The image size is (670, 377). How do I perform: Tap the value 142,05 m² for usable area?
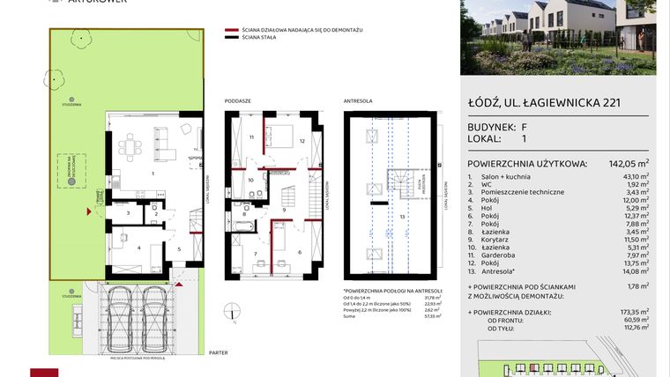(x=630, y=162)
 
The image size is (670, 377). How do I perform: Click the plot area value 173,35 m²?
(x=634, y=313)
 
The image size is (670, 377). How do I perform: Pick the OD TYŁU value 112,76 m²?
(x=634, y=329)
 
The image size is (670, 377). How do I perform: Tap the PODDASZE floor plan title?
(x=238, y=101)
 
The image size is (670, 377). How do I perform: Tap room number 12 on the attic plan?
(x=301, y=141)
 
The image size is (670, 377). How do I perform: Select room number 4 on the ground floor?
(x=139, y=248)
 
